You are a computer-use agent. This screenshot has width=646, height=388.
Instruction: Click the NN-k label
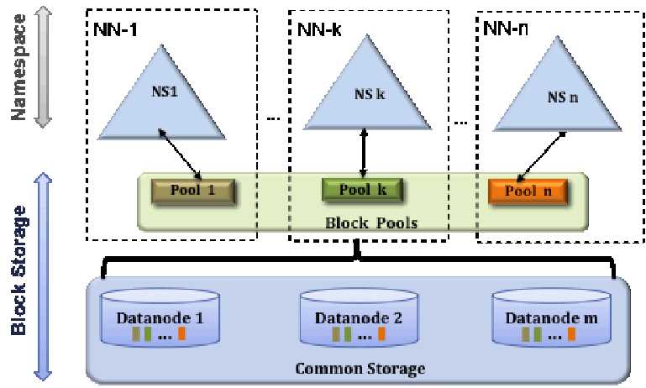[320, 29]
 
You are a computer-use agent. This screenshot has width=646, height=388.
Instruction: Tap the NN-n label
[507, 29]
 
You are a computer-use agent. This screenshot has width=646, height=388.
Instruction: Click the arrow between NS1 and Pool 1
[179, 154]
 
